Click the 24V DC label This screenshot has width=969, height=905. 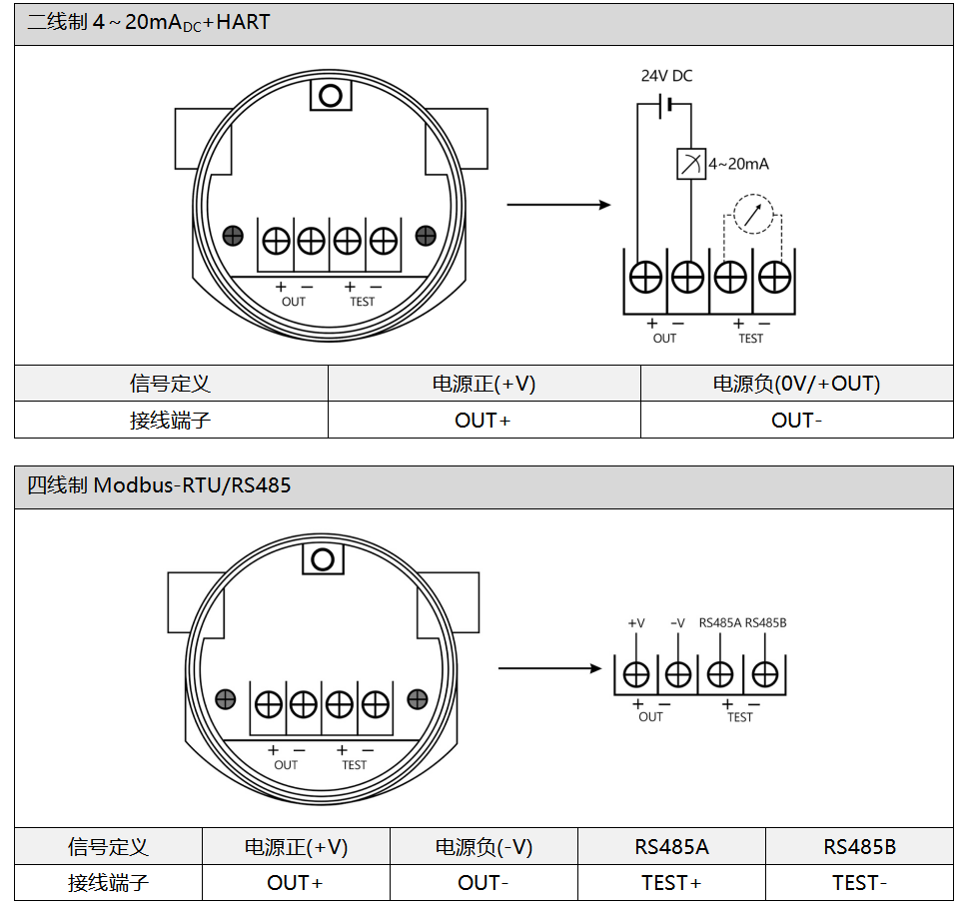[x=666, y=76]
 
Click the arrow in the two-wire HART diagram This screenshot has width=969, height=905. [x=558, y=205]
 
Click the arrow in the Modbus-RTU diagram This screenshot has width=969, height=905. [x=551, y=667]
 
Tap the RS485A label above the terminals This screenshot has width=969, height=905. [x=719, y=623]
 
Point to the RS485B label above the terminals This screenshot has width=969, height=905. [x=766, y=623]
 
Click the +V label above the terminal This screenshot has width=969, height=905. [x=636, y=623]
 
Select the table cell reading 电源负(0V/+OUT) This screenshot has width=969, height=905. [x=796, y=384]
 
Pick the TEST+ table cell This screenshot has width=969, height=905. [x=671, y=883]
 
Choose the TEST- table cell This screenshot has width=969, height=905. [x=859, y=883]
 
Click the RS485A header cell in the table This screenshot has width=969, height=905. [x=671, y=847]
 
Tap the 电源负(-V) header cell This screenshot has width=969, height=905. [x=484, y=847]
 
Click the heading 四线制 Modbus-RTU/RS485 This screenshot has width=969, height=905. [x=160, y=486]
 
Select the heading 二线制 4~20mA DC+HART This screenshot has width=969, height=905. [x=149, y=22]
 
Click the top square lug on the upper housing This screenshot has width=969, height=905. [x=332, y=96]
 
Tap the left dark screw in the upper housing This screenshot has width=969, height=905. [x=234, y=236]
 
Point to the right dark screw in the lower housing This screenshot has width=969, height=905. [x=418, y=699]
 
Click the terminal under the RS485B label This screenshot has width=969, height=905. [x=765, y=675]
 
